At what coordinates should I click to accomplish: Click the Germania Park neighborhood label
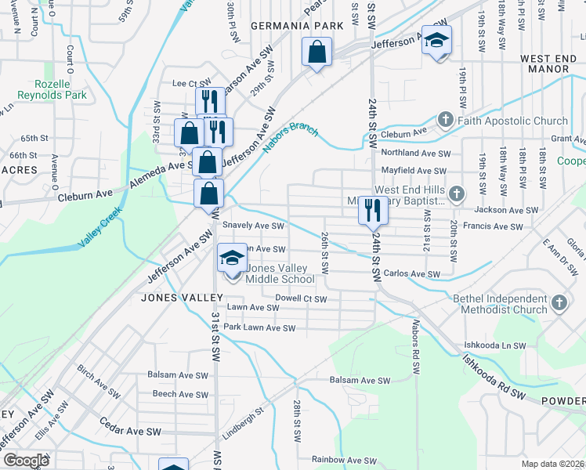(297, 26)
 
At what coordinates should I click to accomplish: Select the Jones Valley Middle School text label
(280, 273)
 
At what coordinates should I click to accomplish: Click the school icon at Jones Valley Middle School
(231, 258)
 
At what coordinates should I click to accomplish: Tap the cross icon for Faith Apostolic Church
(446, 121)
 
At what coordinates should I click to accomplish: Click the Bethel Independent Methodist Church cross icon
(558, 303)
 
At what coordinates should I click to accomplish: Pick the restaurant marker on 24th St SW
(371, 210)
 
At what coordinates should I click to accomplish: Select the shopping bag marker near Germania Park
(316, 54)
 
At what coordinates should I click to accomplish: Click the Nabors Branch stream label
(291, 136)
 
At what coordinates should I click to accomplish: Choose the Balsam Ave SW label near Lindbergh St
(360, 381)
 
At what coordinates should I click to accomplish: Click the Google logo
(26, 461)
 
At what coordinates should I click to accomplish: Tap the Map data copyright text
(553, 464)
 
